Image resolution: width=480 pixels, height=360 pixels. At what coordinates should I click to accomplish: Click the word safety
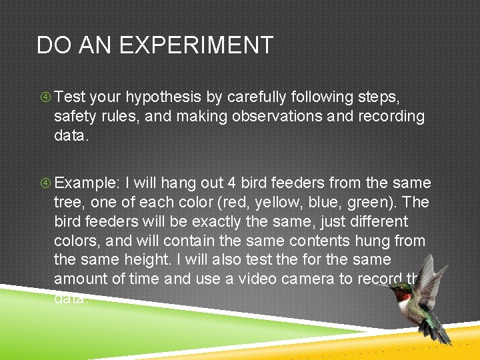[74, 117]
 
